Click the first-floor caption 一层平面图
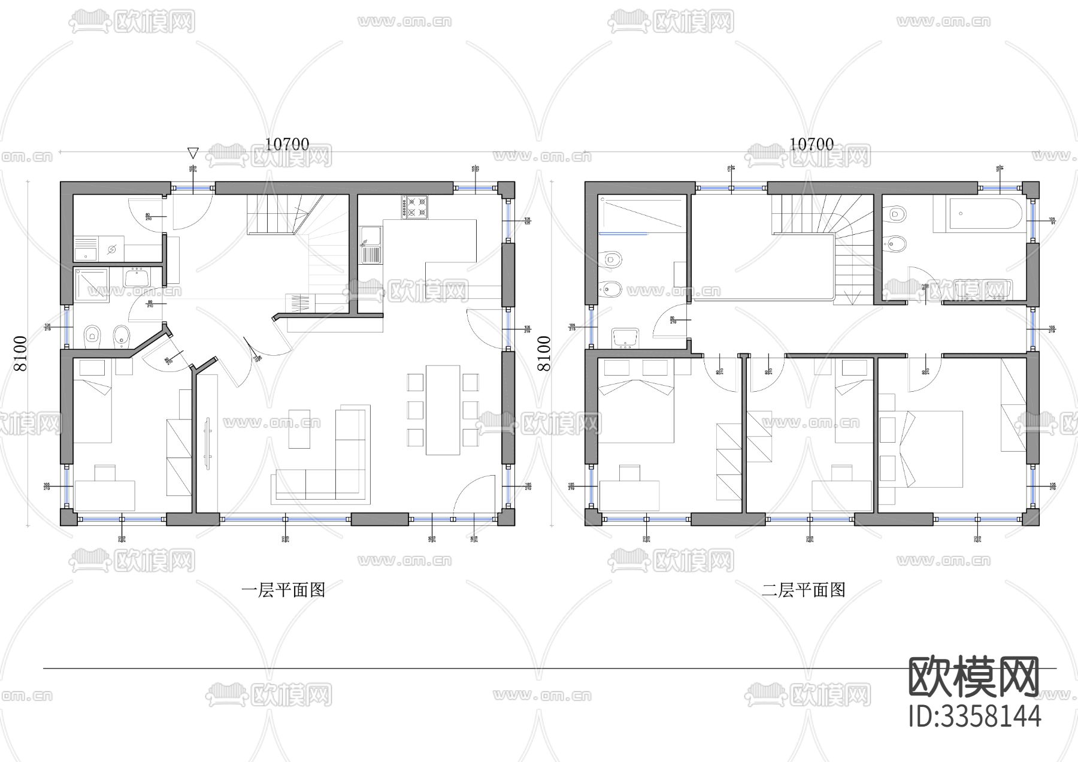coord(283,591)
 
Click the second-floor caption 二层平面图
coord(803,591)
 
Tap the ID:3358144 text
coord(974,716)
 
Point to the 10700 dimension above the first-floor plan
coord(287,144)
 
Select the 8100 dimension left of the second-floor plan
coord(544,353)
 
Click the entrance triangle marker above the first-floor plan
coord(192,152)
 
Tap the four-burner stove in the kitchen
coord(416,207)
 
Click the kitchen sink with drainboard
coord(370,246)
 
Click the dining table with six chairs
coord(443,410)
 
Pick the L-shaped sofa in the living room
coord(335,467)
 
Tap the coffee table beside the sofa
coord(299,428)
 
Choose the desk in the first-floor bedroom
coord(104,494)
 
